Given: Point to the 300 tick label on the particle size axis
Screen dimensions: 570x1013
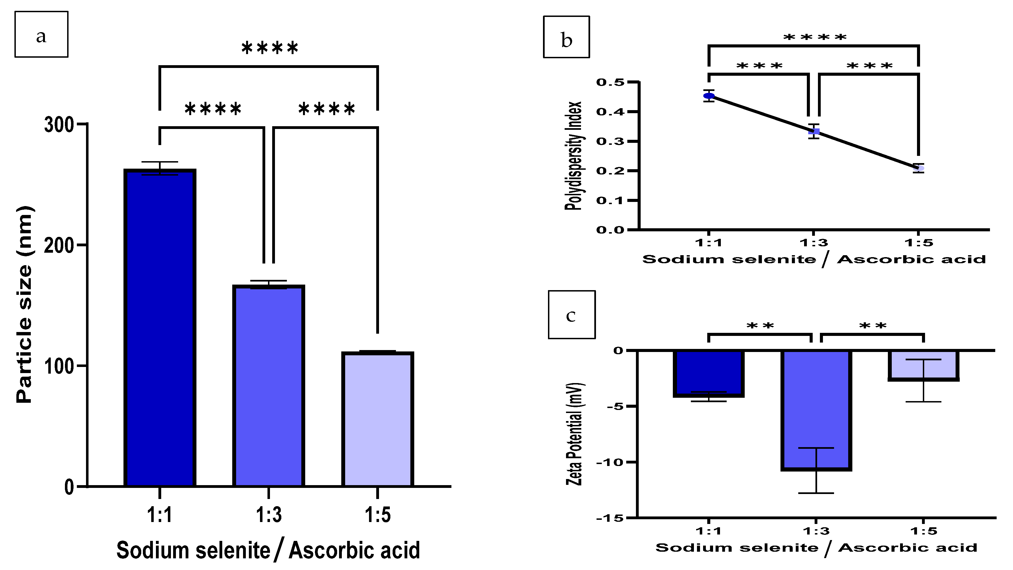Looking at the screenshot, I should click(x=59, y=125).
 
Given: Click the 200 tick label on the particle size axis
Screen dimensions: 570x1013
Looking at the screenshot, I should click(x=59, y=246).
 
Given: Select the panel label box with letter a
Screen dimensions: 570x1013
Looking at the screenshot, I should click(x=41, y=35).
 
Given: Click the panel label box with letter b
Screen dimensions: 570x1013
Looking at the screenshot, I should click(x=566, y=37).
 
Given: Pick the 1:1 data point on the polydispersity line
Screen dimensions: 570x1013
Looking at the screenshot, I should click(x=709, y=96).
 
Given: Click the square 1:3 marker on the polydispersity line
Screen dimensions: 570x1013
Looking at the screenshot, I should click(x=814, y=131).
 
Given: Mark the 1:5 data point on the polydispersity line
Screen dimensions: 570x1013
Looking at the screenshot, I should click(x=919, y=169).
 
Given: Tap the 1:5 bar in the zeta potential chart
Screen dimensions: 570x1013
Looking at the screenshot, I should click(x=924, y=365).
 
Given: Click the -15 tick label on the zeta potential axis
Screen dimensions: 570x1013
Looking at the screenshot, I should click(x=610, y=518).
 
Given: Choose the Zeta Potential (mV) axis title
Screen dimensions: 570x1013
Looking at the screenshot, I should click(x=574, y=434).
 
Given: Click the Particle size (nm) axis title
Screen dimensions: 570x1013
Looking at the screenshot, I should click(x=24, y=305).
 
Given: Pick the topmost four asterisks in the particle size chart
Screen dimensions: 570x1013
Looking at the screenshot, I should click(x=270, y=48).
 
